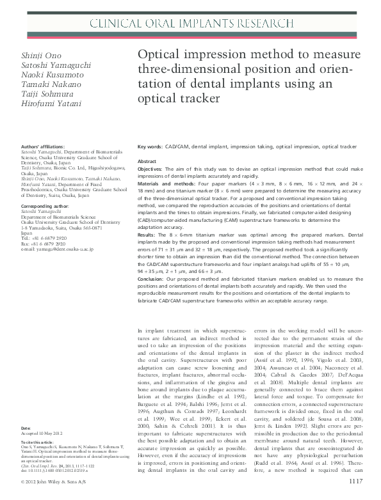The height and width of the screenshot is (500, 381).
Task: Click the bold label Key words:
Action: (x=150, y=146)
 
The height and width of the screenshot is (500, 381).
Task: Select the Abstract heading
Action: (x=147, y=162)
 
